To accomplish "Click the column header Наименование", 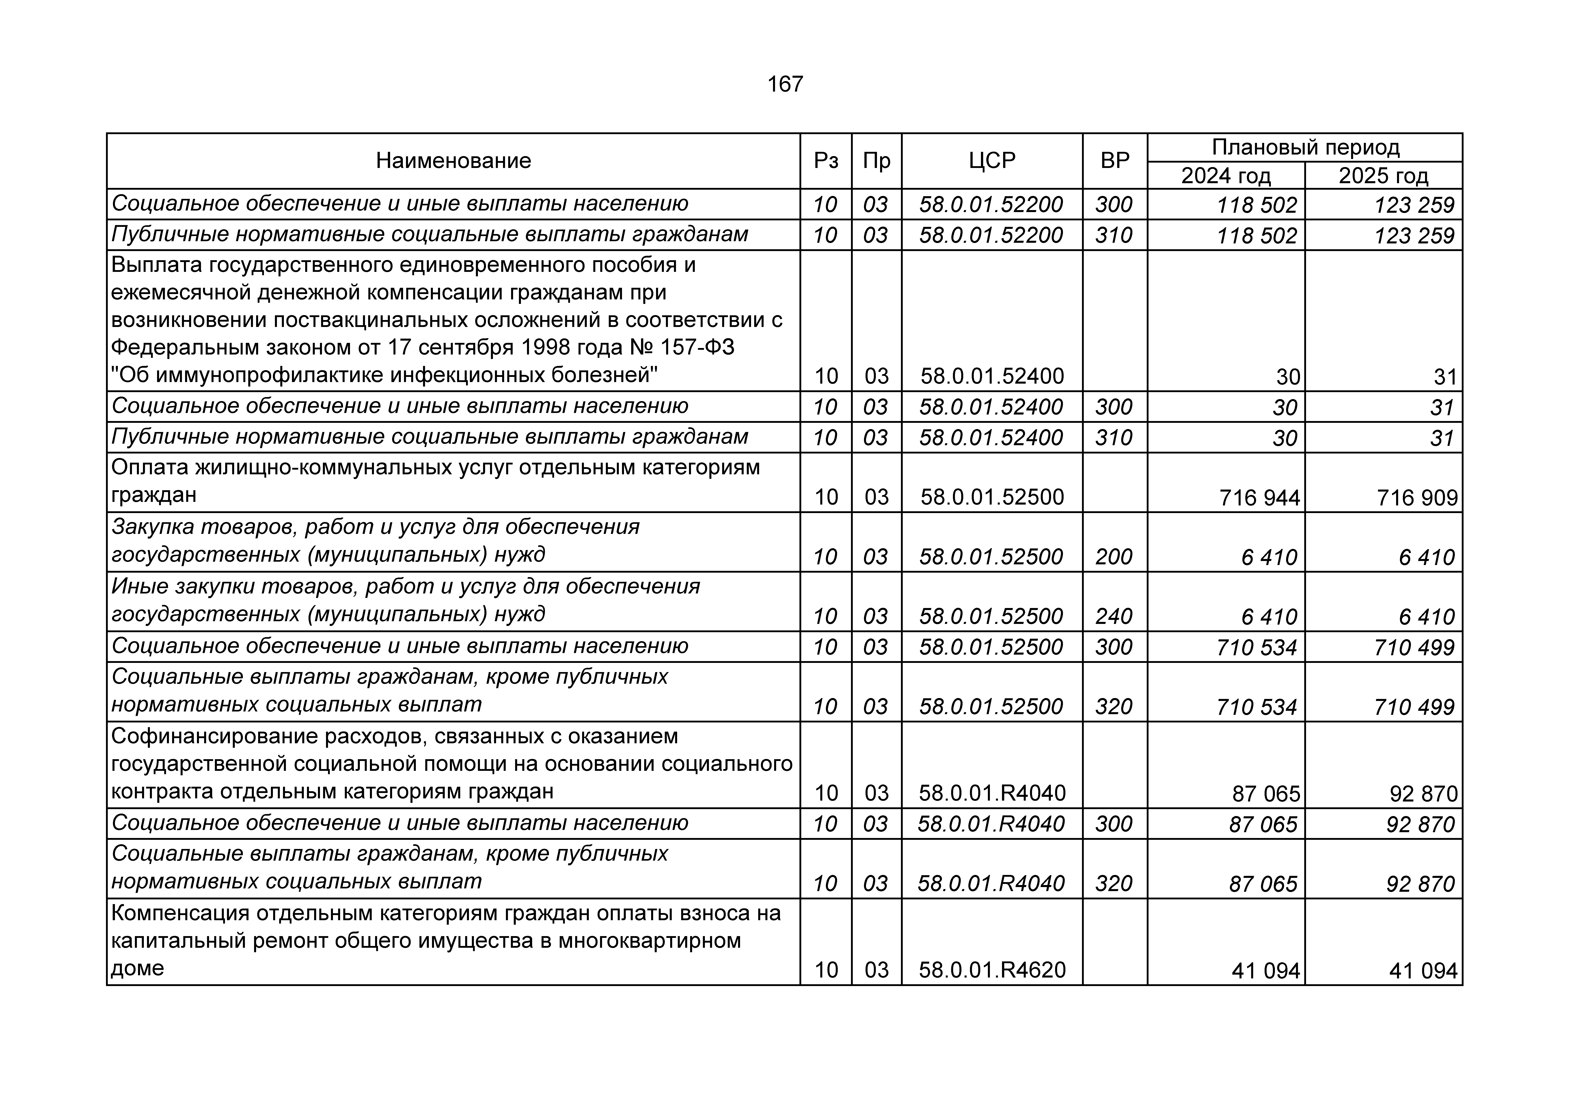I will tap(453, 161).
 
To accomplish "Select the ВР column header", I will tap(1115, 161).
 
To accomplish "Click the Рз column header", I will tap(826, 161).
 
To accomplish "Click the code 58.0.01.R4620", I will tap(992, 970).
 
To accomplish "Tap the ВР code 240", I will tap(1114, 616).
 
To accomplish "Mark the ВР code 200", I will tap(1114, 557).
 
